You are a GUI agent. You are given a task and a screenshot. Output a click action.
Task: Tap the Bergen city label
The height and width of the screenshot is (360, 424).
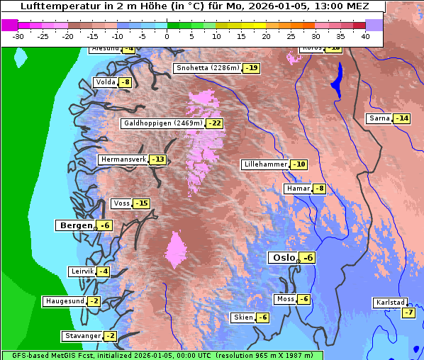click(x=74, y=225)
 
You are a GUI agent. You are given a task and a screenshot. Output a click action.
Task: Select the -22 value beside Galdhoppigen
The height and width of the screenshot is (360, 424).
click(x=215, y=123)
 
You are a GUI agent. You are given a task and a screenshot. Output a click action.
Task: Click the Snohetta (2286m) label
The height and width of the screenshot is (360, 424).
click(x=207, y=69)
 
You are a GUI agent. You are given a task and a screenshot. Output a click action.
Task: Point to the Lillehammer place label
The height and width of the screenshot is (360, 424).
click(x=265, y=164)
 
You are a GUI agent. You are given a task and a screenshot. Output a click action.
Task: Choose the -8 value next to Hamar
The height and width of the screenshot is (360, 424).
click(x=320, y=189)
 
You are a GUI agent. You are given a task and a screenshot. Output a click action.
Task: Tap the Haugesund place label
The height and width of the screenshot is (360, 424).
click(x=65, y=301)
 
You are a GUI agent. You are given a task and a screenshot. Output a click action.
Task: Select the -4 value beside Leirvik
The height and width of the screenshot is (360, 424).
click(x=104, y=271)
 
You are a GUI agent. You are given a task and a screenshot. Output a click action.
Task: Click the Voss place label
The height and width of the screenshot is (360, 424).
click(x=121, y=203)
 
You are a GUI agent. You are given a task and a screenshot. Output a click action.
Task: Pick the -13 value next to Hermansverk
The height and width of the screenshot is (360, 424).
click(x=158, y=159)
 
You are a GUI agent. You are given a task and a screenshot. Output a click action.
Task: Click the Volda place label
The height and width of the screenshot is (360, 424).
click(x=105, y=82)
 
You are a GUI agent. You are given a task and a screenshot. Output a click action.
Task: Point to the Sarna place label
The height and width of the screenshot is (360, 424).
click(x=379, y=118)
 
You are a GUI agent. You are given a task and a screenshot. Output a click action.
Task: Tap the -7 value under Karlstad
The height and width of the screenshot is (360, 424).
click(x=408, y=313)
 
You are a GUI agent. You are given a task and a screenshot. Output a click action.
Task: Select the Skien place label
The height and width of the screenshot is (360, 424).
click(x=242, y=317)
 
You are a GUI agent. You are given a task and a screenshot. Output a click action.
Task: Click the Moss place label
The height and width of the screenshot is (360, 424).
click(x=285, y=299)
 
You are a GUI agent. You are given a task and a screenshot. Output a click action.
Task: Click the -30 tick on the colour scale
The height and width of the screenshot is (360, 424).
click(x=18, y=35)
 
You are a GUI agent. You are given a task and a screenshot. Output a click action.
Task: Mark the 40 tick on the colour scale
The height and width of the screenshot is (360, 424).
click(x=365, y=35)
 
